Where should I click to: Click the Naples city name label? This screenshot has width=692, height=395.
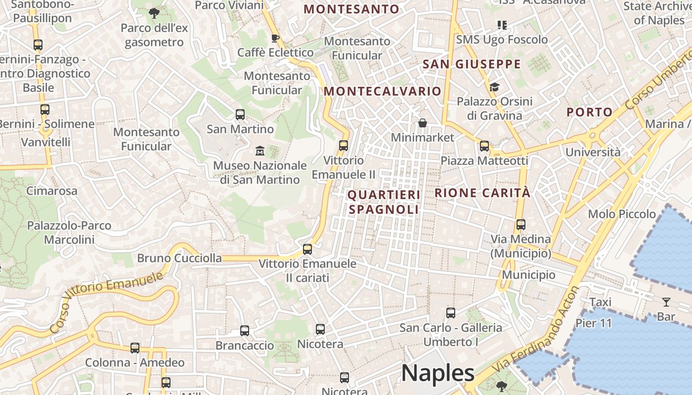pyautogui.click(x=437, y=373)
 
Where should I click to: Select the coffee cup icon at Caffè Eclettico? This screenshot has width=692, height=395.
pyautogui.click(x=275, y=38)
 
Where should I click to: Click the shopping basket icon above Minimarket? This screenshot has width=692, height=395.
pyautogui.click(x=423, y=123)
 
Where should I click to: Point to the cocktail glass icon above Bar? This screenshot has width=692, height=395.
pyautogui.click(x=666, y=302)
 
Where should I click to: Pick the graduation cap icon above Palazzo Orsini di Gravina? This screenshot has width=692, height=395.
pyautogui.click(x=494, y=87)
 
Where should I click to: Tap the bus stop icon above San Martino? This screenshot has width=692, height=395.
pyautogui.click(x=240, y=115)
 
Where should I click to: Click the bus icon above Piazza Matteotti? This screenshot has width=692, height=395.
pyautogui.click(x=484, y=146)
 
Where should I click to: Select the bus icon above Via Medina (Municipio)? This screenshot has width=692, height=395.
pyautogui.click(x=520, y=225)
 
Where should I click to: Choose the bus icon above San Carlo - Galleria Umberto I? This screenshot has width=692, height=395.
pyautogui.click(x=450, y=313)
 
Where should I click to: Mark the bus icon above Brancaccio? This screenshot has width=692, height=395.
pyautogui.click(x=245, y=331)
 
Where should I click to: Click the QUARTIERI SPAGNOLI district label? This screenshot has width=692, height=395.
pyautogui.click(x=384, y=202)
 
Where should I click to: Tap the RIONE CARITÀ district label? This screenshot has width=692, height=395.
pyautogui.click(x=482, y=193)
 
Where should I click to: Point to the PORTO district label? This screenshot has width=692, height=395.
pyautogui.click(x=589, y=112)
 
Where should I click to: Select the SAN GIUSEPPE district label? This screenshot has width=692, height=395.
pyautogui.click(x=472, y=64)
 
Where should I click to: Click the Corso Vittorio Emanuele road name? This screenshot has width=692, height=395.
pyautogui.click(x=106, y=302)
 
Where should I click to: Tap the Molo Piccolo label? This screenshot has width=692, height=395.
pyautogui.click(x=622, y=214)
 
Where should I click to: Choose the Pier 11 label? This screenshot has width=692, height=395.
pyautogui.click(x=594, y=323)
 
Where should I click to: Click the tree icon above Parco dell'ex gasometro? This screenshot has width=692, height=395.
pyautogui.click(x=154, y=13)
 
